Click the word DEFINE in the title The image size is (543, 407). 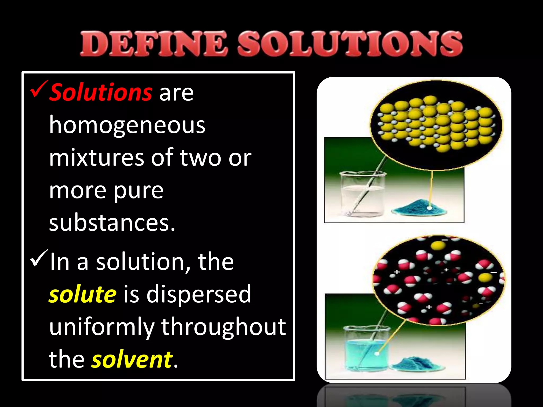pos(154,44)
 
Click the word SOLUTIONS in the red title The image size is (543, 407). pos(350,44)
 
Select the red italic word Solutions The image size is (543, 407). pos(101,92)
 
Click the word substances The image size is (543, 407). pos(112,223)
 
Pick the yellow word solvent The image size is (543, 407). pos(132,360)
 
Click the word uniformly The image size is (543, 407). pos(102,327)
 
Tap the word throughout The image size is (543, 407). pos(224,327)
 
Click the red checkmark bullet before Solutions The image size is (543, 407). pos(39,89)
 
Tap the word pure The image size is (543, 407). pos(139,191)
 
